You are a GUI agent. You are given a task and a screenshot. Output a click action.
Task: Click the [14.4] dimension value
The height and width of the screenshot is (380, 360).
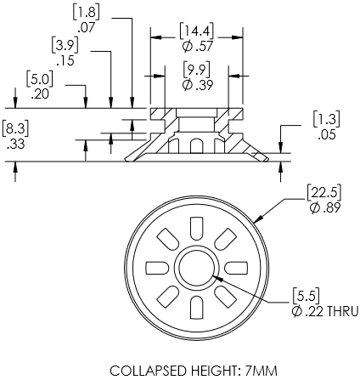(196, 31)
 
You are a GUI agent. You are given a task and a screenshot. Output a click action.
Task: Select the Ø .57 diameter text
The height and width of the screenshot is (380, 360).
(197, 47)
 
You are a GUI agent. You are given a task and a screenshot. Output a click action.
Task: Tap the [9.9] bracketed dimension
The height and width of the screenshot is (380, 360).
(196, 70)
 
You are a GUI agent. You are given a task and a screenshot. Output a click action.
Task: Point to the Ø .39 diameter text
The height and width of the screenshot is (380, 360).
(197, 85)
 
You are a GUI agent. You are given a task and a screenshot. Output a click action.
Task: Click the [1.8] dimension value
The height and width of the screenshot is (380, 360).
(87, 13)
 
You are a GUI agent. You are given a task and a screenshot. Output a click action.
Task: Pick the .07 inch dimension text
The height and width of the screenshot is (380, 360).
(87, 28)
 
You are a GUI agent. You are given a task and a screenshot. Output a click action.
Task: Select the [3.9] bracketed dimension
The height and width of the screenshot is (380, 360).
(65, 45)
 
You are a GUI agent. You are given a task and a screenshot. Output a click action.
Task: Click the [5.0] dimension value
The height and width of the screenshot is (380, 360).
(40, 79)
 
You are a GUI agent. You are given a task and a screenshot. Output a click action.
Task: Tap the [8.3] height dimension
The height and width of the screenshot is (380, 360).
(15, 129)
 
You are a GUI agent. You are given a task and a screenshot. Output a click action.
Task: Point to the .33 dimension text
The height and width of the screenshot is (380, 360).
(16, 145)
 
